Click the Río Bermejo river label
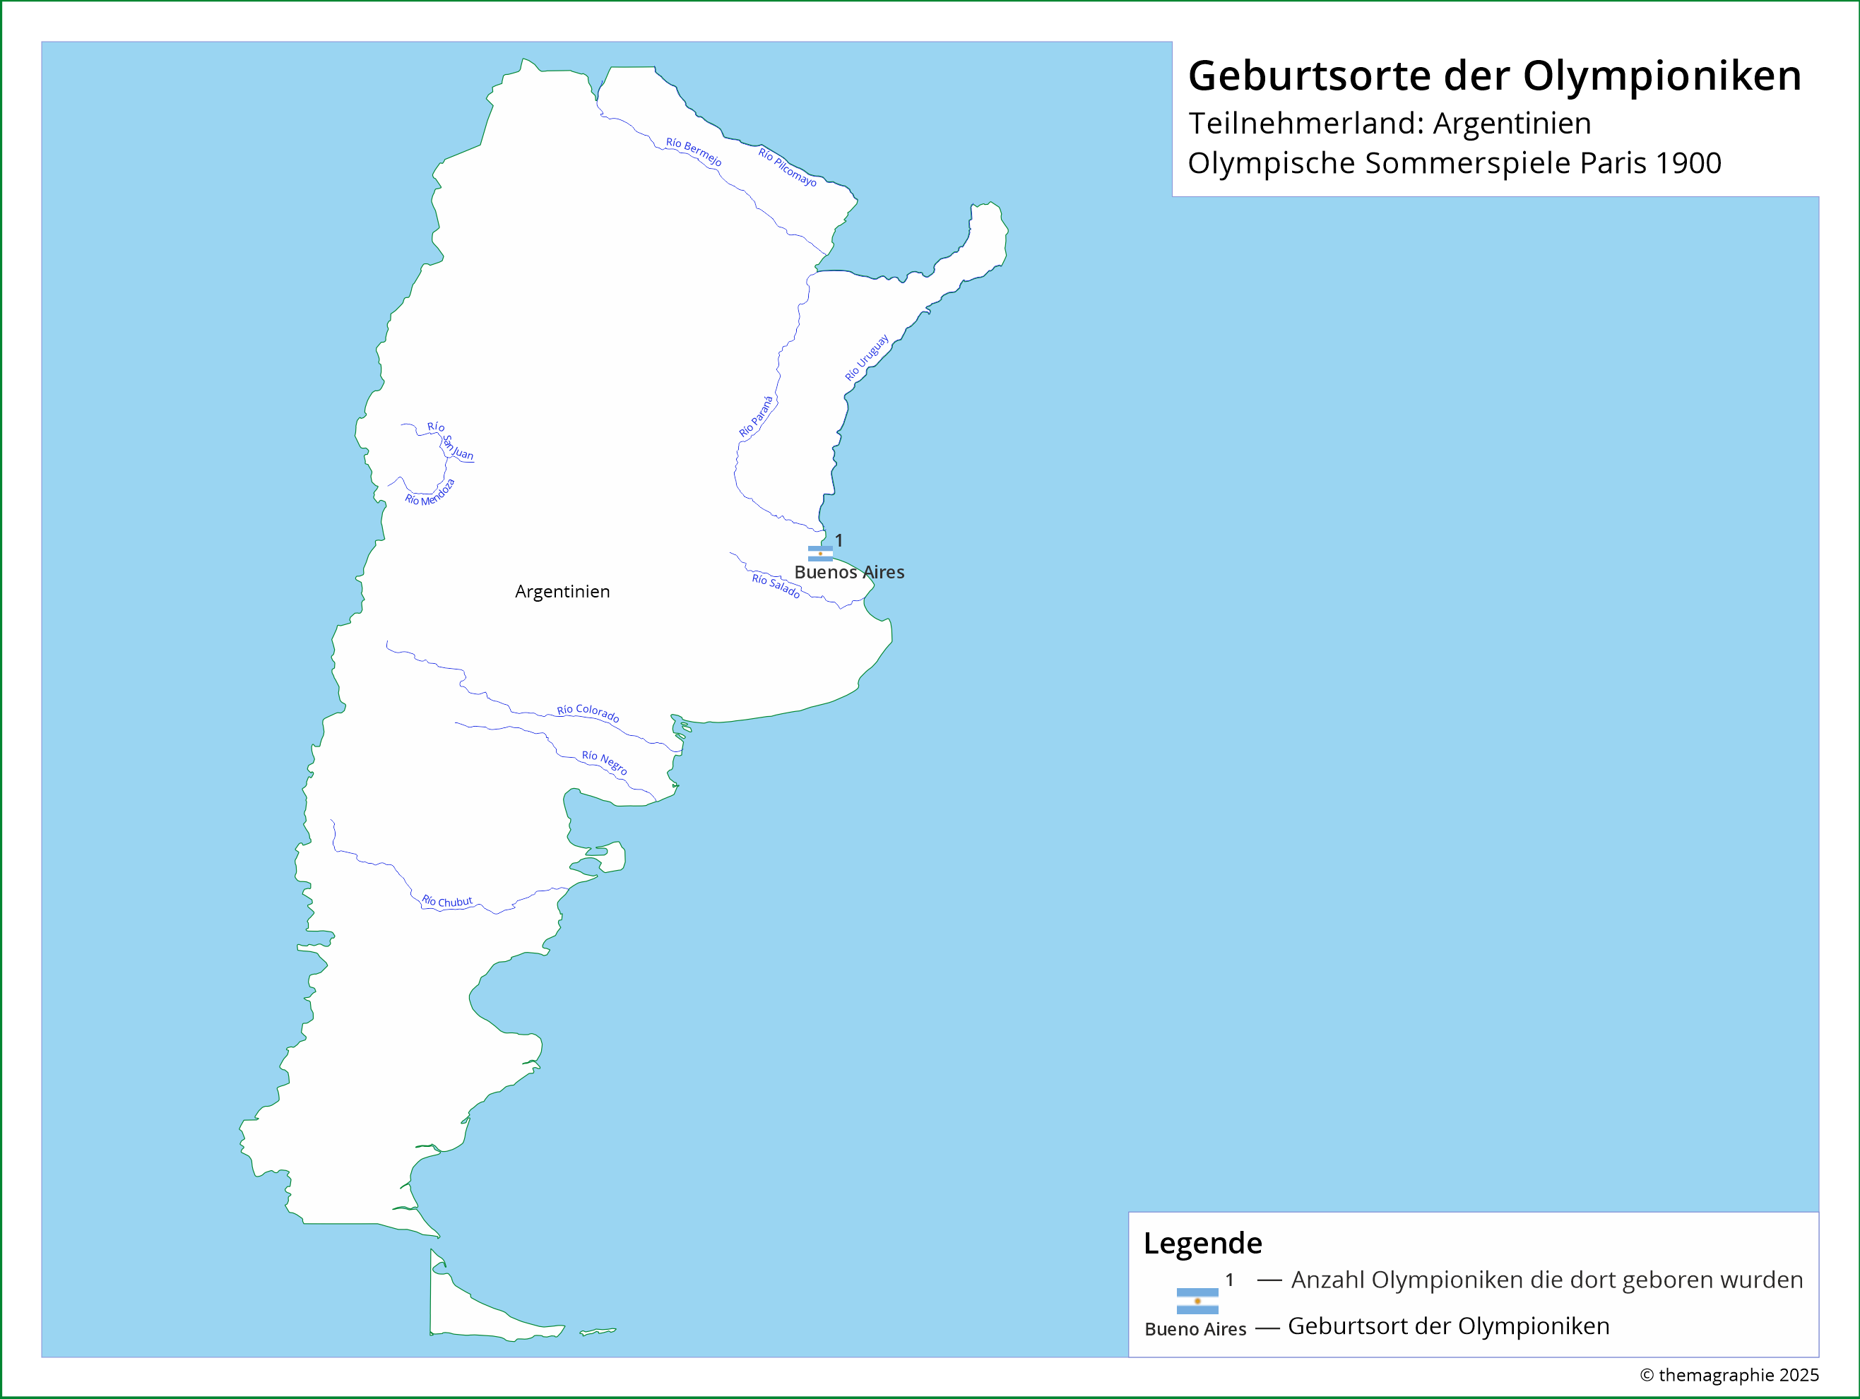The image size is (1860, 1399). (x=693, y=151)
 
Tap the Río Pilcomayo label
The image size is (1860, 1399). (x=787, y=167)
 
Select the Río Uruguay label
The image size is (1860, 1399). (x=867, y=358)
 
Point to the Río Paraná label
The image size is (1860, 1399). (x=756, y=416)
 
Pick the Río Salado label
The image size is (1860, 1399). (x=775, y=585)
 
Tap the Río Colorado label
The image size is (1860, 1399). (x=588, y=713)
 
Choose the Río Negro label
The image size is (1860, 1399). (x=605, y=762)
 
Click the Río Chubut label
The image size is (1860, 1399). (x=446, y=901)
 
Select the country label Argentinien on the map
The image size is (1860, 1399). (x=562, y=591)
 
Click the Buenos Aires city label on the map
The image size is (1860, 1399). (x=849, y=572)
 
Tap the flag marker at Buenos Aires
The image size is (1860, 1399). (x=820, y=552)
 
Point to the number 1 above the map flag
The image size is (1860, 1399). (x=839, y=540)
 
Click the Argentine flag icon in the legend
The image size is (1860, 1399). (x=1197, y=1301)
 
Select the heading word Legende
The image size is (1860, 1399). (x=1202, y=1243)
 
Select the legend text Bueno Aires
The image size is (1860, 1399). (x=1195, y=1329)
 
